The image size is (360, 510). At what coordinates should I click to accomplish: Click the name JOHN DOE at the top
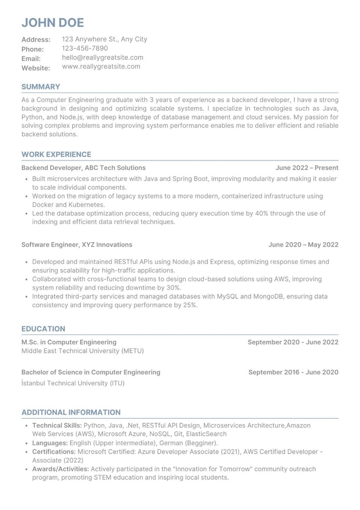[x=52, y=23]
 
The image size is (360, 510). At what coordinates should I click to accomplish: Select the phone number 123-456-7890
[x=84, y=48]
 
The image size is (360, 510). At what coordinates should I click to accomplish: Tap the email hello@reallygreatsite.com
[x=102, y=57]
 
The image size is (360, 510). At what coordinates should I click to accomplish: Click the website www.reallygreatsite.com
[x=101, y=66]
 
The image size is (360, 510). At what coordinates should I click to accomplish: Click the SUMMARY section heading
[x=40, y=87]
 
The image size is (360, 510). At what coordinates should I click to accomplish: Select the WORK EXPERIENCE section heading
[x=56, y=154]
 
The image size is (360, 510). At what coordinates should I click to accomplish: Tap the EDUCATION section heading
[x=43, y=329]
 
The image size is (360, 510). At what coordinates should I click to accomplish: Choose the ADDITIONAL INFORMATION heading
[x=71, y=412]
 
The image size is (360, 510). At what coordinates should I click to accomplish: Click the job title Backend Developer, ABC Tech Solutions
[x=83, y=168]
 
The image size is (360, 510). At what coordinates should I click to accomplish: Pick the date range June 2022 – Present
[x=307, y=168]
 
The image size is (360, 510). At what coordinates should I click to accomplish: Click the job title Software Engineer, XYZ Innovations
[x=76, y=245]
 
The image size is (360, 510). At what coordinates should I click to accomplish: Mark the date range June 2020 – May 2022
[x=303, y=245]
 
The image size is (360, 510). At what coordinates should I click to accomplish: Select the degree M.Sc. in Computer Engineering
[x=69, y=342]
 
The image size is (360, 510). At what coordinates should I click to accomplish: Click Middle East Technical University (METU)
[x=83, y=351]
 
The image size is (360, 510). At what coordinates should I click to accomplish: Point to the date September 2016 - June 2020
[x=293, y=372]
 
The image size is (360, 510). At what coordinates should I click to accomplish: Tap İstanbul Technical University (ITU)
[x=73, y=383]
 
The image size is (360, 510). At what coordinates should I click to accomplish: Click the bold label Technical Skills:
[x=57, y=426]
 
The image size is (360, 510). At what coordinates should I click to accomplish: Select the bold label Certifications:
[x=54, y=451]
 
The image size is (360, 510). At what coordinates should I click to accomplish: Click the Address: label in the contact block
[x=36, y=40]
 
